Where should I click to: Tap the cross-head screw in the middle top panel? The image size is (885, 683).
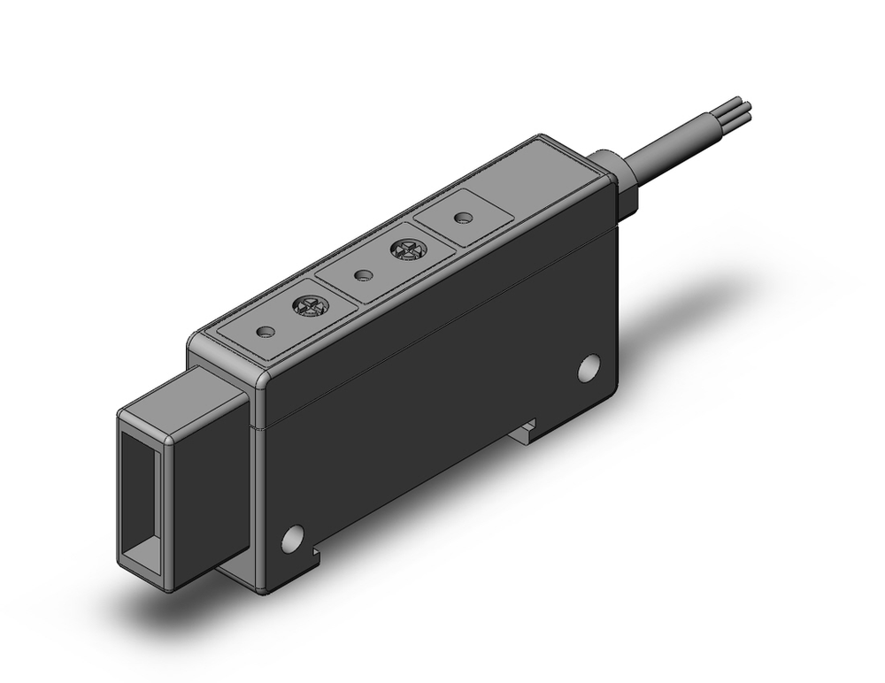pyautogui.click(x=407, y=251)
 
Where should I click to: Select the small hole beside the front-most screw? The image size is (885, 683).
pyautogui.click(x=264, y=333)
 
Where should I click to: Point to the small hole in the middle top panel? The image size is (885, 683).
pyautogui.click(x=361, y=275)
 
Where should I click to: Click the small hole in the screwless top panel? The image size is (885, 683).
pyautogui.click(x=458, y=217)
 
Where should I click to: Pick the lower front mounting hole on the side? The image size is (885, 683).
pyautogui.click(x=291, y=536)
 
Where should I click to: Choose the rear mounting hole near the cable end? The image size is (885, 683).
pyautogui.click(x=589, y=367)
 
